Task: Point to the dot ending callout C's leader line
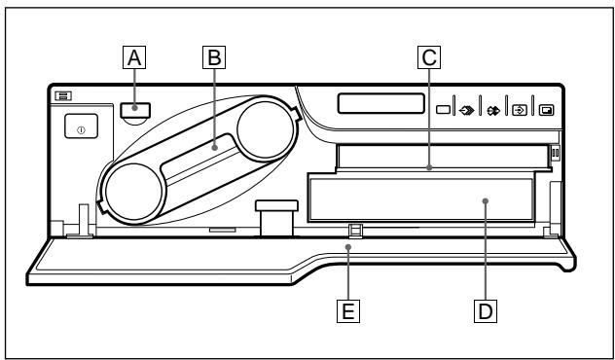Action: (x=428, y=168)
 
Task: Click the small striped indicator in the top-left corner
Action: (x=63, y=94)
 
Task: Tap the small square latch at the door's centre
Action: (x=355, y=230)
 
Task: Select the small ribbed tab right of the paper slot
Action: (x=556, y=153)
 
